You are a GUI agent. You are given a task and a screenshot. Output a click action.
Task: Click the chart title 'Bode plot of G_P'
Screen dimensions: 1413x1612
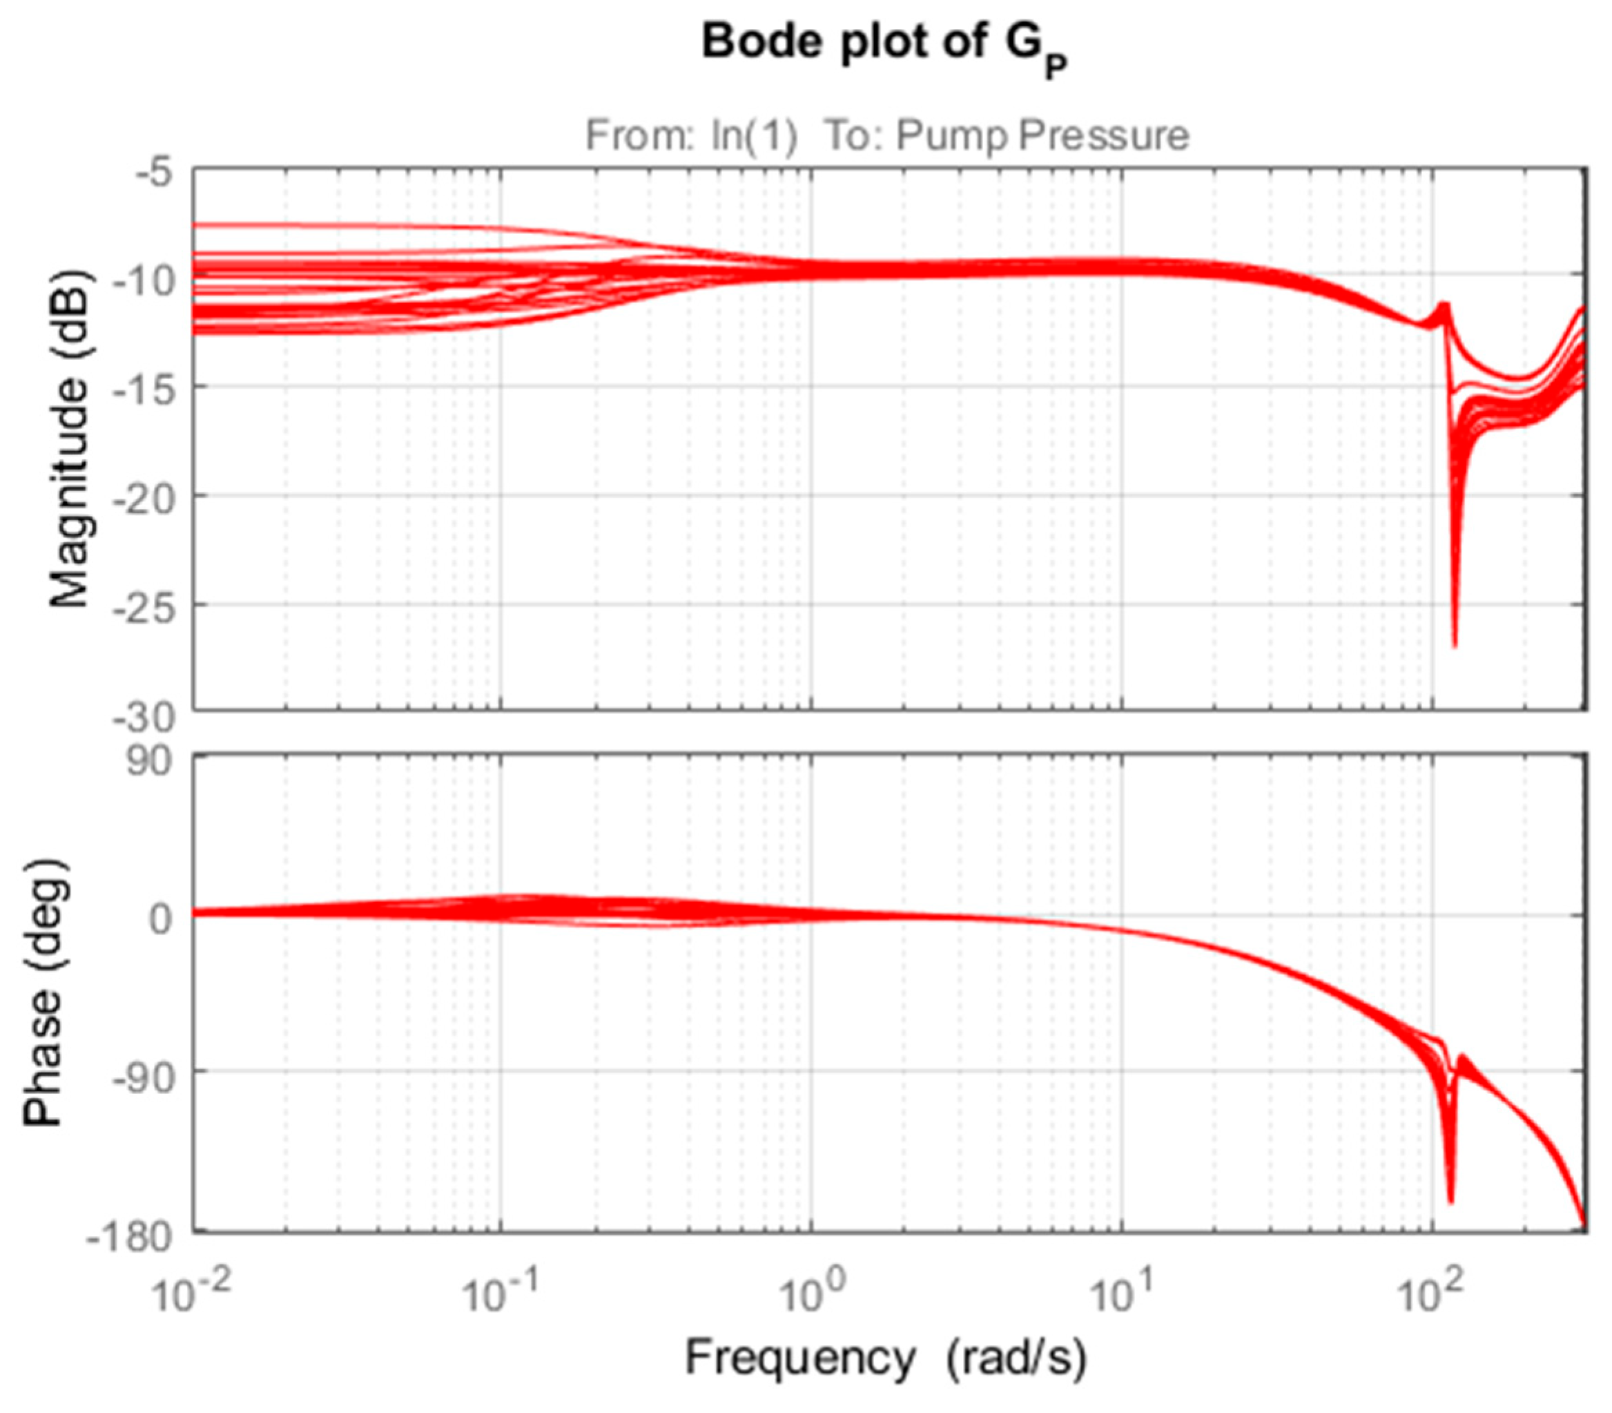coord(884,44)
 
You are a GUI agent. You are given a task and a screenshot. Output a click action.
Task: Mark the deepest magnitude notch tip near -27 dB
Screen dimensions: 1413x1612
coord(1455,646)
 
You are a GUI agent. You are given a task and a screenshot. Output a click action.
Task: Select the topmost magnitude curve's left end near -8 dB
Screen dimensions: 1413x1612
coord(197,226)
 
